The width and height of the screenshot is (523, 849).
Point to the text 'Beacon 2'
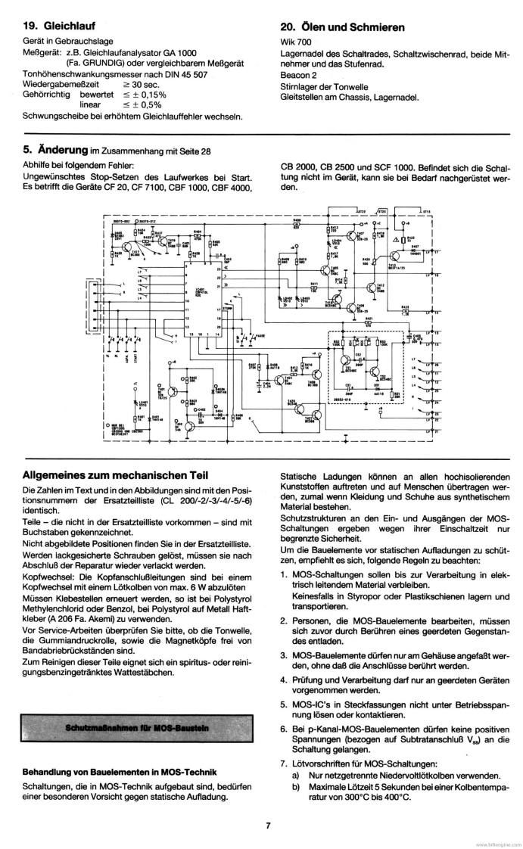pos(298,76)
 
